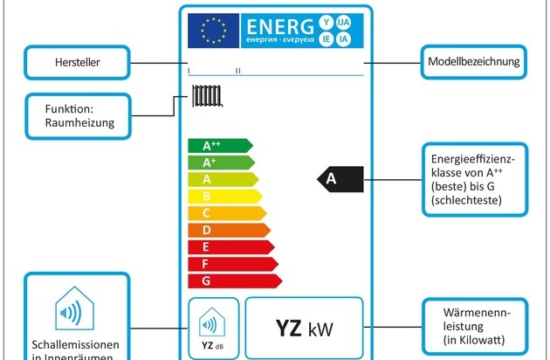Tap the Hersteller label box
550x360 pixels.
78,63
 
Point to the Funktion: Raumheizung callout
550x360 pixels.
78,116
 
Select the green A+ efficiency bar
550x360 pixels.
222,163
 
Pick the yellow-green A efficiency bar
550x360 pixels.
224,179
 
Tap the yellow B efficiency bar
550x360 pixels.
226,196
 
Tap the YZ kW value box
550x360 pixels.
304,329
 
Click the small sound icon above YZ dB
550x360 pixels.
210,325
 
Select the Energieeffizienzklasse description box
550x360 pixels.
475,180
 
